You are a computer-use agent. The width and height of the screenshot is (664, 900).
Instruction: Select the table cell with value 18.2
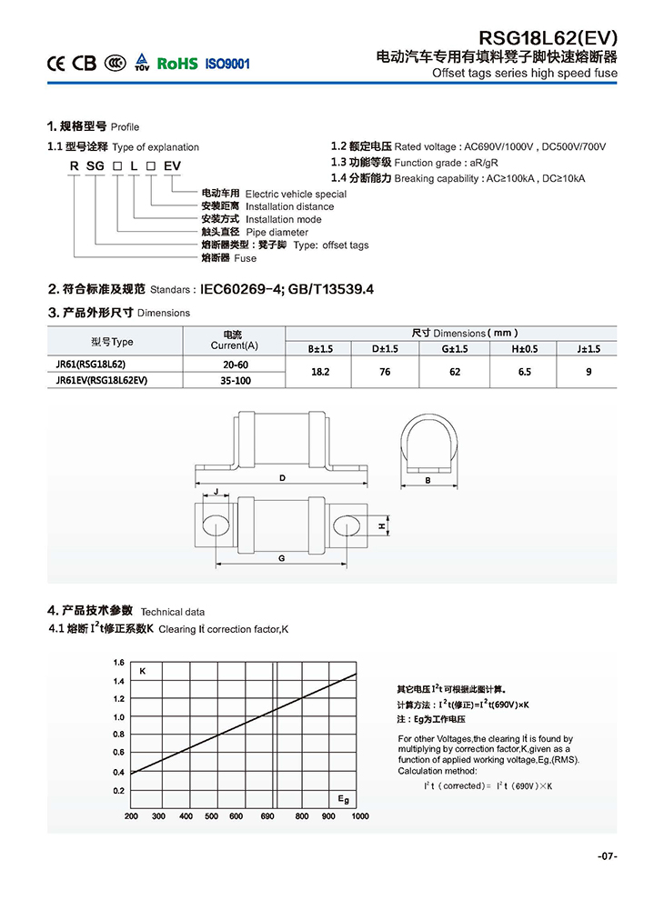pyautogui.click(x=319, y=372)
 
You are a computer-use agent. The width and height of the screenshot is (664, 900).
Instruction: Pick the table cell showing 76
pyautogui.click(x=385, y=372)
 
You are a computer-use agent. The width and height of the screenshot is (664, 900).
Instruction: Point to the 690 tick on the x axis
pyautogui.click(x=267, y=816)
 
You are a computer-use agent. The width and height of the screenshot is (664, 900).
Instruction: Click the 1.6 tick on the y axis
pyautogui.click(x=118, y=663)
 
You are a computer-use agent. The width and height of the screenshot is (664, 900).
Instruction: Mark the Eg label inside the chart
pyautogui.click(x=343, y=798)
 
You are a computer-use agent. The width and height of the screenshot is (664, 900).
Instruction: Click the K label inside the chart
pyautogui.click(x=143, y=671)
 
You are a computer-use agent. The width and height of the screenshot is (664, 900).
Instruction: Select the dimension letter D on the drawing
pyautogui.click(x=283, y=477)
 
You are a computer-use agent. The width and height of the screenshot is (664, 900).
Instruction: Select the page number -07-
pyautogui.click(x=608, y=856)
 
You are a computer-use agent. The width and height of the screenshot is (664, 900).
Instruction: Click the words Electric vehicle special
pyautogui.click(x=296, y=194)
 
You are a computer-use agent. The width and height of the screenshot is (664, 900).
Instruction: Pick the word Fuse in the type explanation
pyautogui.click(x=246, y=258)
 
